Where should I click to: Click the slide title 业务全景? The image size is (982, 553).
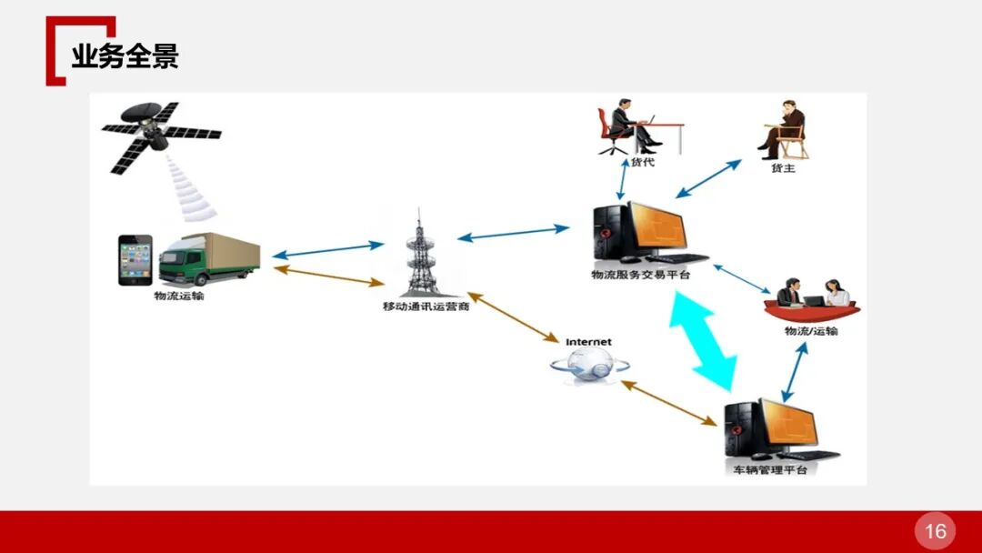[125, 56]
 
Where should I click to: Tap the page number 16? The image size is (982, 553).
[936, 531]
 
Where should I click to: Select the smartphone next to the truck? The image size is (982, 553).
[135, 260]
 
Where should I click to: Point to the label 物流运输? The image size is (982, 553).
[179, 296]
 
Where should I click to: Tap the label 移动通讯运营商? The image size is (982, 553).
[426, 307]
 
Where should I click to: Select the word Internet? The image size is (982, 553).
[588, 342]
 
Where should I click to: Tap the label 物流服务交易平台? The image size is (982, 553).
[640, 275]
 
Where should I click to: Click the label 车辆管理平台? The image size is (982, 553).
[769, 470]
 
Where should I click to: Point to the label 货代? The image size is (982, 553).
[643, 163]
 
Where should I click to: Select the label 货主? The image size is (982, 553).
[783, 168]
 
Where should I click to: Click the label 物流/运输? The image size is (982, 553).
[811, 331]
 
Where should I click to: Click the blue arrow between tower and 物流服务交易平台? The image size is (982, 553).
[513, 233]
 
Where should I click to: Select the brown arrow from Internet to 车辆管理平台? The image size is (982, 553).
[668, 403]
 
